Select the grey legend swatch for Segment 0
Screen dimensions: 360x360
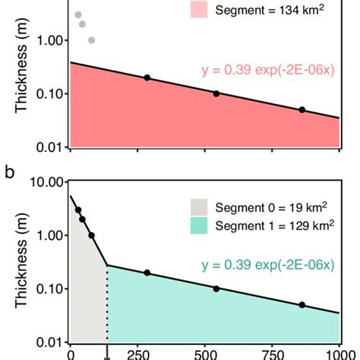(198, 206)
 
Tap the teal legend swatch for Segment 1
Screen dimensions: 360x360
(198, 226)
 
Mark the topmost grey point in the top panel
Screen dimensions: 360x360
(78, 14)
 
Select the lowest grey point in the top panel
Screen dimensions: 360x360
(92, 40)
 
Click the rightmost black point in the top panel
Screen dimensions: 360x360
(302, 110)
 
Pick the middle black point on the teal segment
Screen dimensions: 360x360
(216, 289)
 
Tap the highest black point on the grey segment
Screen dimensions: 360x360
(78, 210)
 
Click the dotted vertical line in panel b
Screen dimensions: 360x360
(106, 304)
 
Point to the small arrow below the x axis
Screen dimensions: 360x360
(106, 352)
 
